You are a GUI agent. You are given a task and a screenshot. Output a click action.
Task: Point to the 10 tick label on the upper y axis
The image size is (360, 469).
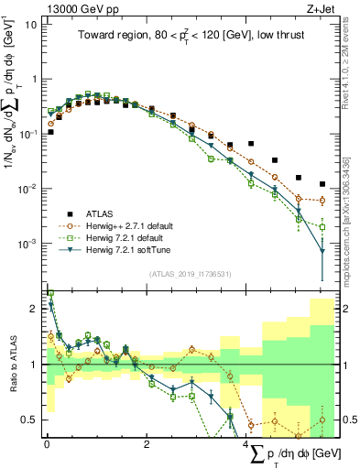point(30,24)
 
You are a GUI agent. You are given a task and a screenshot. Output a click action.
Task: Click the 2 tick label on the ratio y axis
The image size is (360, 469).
point(33,309)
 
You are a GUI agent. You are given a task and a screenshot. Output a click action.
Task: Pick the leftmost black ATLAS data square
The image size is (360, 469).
point(50,132)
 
